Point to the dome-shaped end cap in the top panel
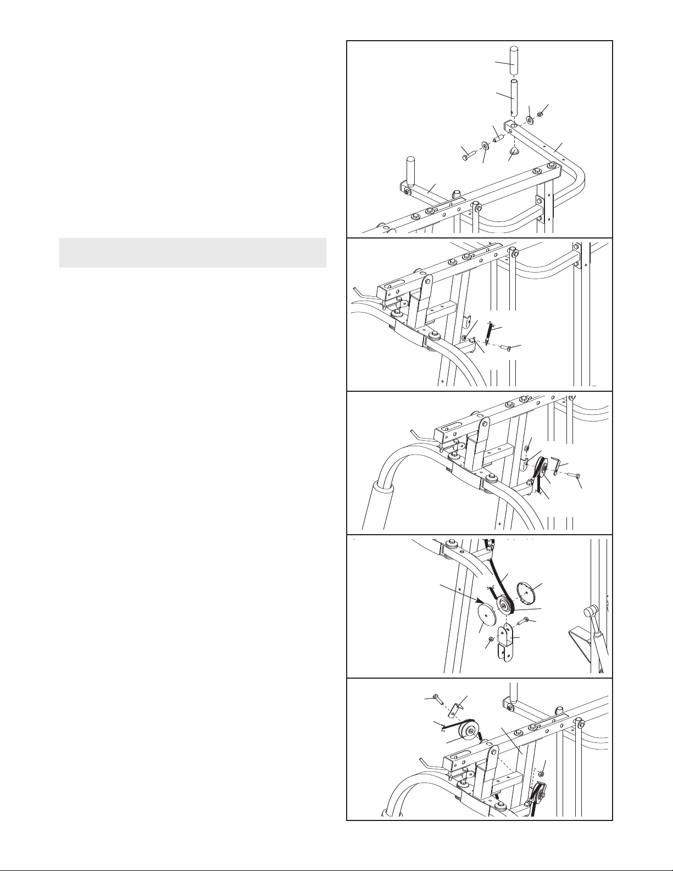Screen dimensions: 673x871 (514, 151)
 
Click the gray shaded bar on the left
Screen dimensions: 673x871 (192, 253)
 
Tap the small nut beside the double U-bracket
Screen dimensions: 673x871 (490, 639)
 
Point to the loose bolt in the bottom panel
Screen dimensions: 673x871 (437, 700)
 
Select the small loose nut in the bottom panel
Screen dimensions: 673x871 (541, 774)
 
